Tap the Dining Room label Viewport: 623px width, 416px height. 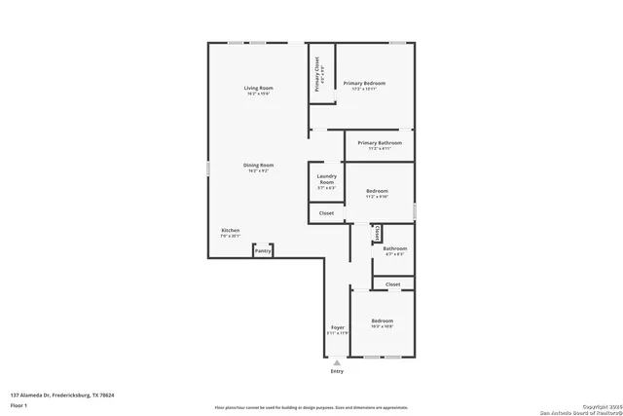click(258, 168)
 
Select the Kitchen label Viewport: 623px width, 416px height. click(230, 233)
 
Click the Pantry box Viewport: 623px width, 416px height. click(263, 251)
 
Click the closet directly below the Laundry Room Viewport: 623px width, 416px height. click(327, 212)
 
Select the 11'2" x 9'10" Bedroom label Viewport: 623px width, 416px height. click(377, 193)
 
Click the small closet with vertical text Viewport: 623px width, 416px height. click(377, 234)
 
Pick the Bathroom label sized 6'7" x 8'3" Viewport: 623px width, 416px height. click(394, 251)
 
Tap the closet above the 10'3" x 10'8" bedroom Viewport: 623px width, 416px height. click(392, 284)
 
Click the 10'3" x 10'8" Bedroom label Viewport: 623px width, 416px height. click(382, 322)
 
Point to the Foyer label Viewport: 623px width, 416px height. click(338, 330)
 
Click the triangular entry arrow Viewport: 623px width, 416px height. click(338, 362)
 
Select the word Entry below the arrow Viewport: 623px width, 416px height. click(338, 371)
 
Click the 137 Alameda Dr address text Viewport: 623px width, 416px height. click(62, 395)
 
